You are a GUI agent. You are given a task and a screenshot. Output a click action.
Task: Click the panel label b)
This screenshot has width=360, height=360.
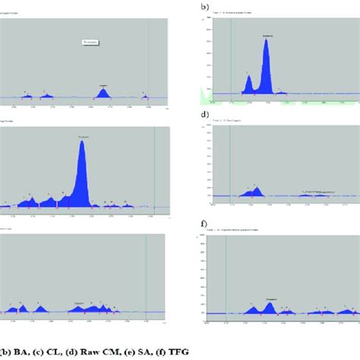204,6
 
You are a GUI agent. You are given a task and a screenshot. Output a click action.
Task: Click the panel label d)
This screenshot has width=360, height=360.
204,115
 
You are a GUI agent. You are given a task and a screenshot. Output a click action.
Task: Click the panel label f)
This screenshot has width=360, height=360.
204,224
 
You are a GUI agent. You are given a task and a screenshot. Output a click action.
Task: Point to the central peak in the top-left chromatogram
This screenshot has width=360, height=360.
103,92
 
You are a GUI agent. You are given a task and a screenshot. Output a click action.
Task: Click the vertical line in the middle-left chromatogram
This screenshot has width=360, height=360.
155,167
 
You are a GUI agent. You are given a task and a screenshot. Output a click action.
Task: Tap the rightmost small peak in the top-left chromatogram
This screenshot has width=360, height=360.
147,95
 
